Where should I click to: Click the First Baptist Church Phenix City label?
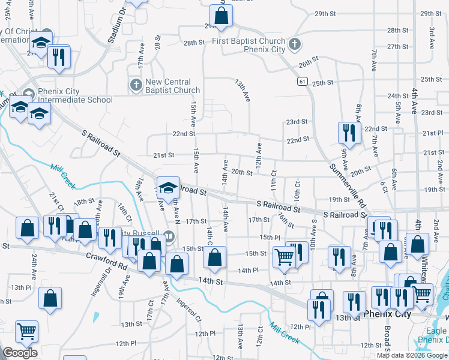[x=249, y=45]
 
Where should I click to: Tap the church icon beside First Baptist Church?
[x=294, y=44]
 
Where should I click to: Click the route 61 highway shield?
[x=301, y=80]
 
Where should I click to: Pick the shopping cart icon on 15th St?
[x=283, y=257]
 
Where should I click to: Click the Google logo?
[x=20, y=353]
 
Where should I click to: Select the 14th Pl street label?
[x=247, y=271]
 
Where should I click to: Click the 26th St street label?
[x=308, y=62]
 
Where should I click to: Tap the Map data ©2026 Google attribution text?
[x=412, y=355]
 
